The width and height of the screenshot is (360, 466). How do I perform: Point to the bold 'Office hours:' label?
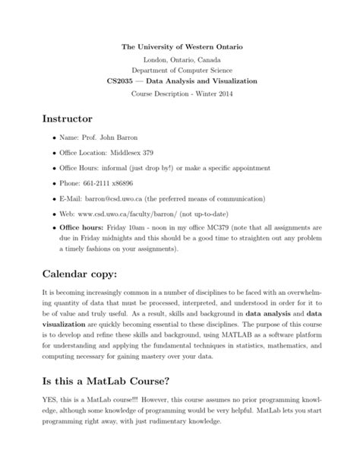point(84,227)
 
